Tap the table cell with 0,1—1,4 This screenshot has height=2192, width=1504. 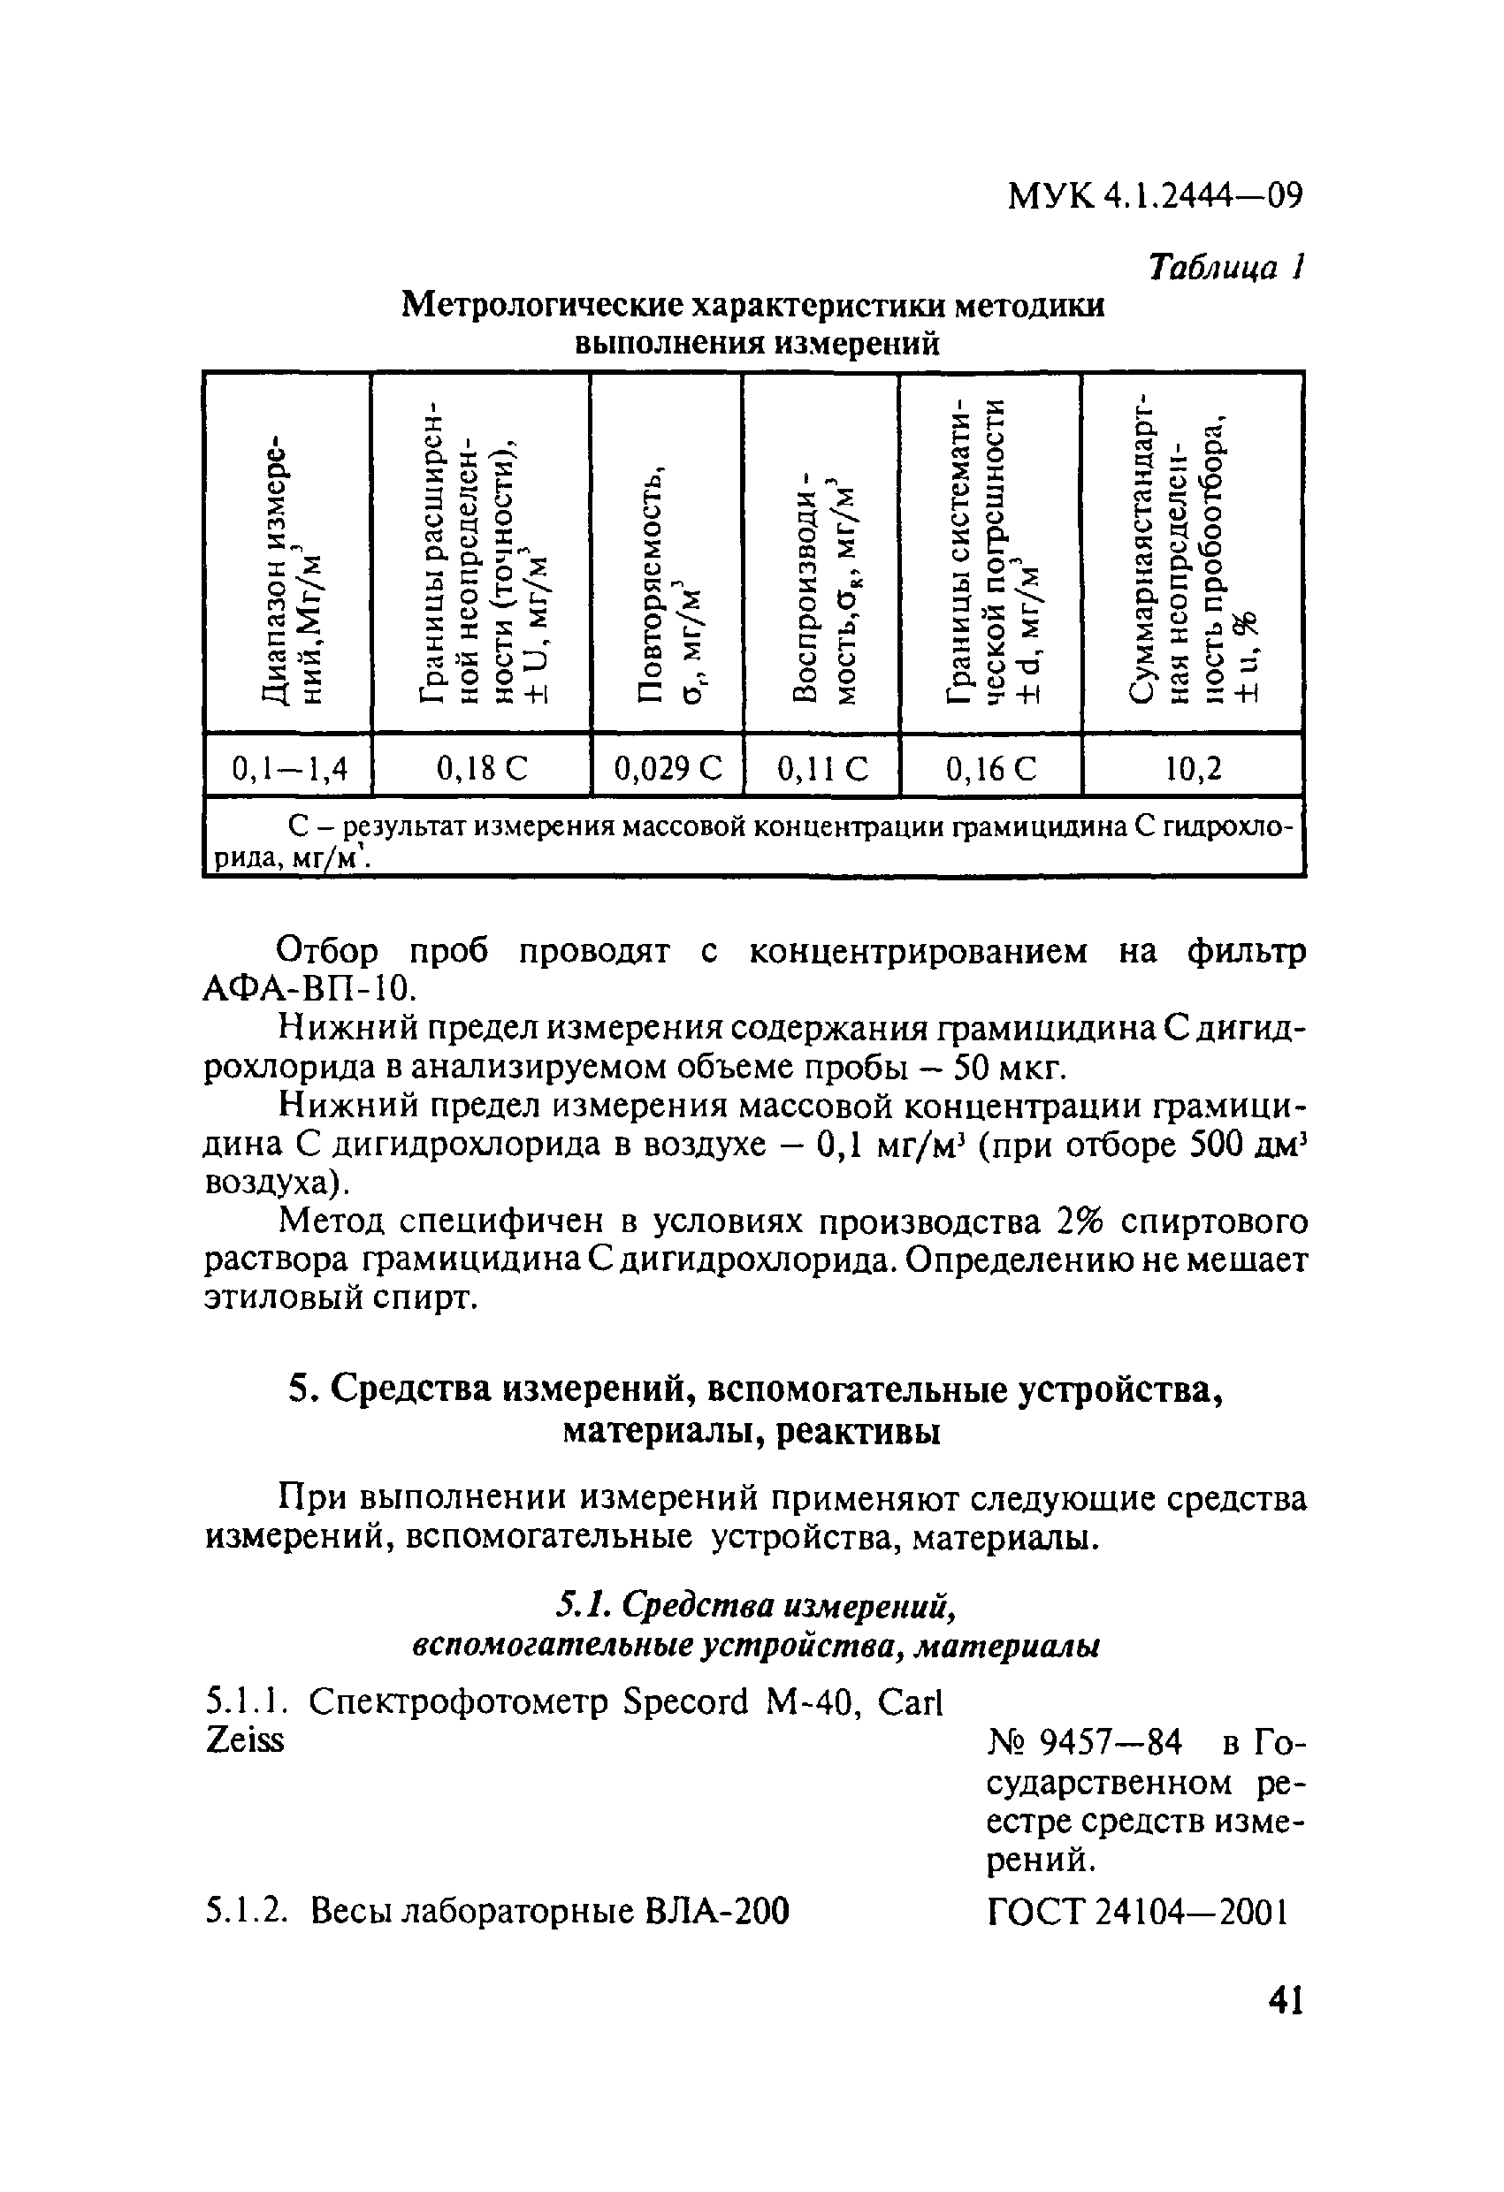289,770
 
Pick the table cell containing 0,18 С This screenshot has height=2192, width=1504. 481,770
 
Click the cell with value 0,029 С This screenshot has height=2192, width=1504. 667,770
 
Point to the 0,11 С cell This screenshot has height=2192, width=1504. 821,770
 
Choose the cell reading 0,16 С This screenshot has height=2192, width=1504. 990,770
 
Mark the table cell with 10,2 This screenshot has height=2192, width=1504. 1193,770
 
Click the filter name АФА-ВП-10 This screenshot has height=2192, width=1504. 309,989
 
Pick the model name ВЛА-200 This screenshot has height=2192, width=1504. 717,1912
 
